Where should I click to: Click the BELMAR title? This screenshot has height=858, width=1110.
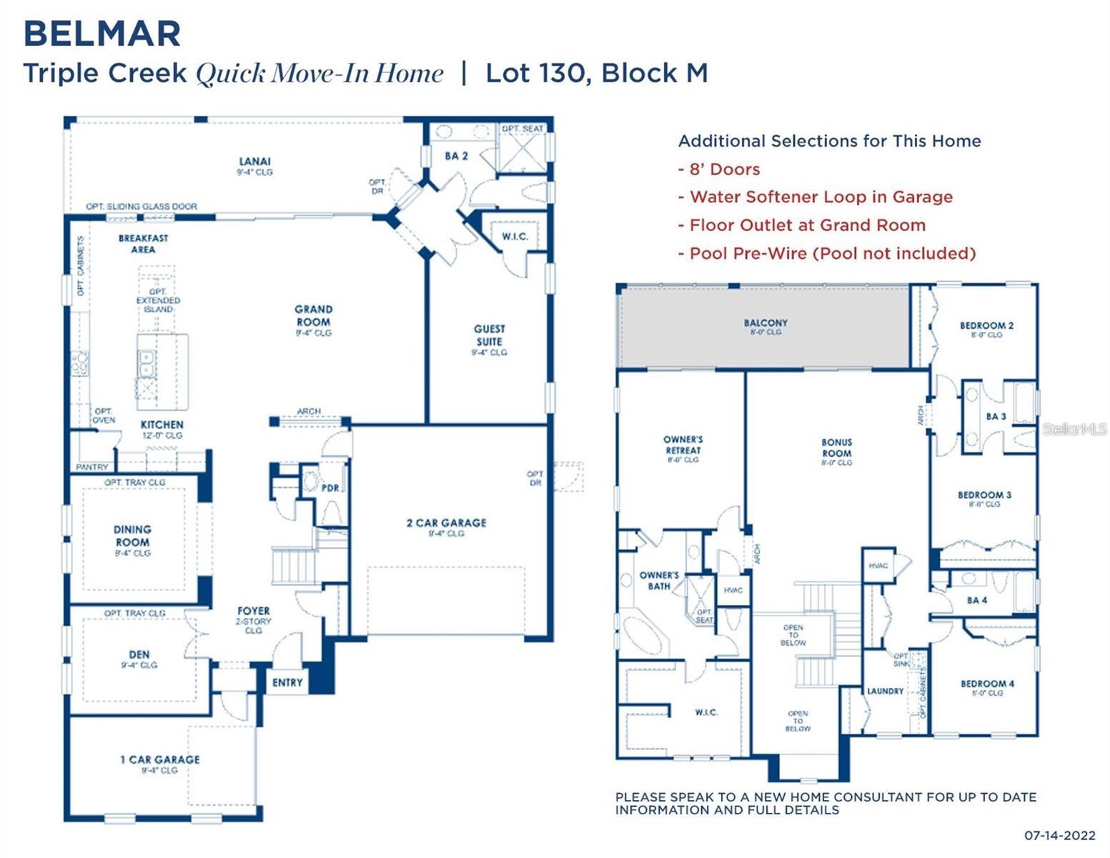point(102,34)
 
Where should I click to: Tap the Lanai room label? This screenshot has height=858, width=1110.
point(255,162)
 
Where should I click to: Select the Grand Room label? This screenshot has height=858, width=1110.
point(313,315)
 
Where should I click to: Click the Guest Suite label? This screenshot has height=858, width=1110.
point(489,335)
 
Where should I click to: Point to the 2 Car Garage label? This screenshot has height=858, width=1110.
point(446,523)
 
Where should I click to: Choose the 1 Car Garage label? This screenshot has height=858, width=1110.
point(159,759)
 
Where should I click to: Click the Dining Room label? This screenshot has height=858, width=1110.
point(132,536)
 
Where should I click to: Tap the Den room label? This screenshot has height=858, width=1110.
point(139,654)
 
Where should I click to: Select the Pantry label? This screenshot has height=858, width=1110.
point(92,466)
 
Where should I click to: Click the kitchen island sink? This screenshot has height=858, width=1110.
point(147,363)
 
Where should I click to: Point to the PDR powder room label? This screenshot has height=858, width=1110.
point(329,488)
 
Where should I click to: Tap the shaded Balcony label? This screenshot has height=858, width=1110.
point(765,323)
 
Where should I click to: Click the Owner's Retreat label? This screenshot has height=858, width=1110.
point(683,445)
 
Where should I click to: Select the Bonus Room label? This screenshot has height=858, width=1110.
point(836,448)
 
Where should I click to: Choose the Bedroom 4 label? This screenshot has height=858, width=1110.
point(986,684)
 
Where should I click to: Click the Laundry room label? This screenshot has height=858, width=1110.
point(885,691)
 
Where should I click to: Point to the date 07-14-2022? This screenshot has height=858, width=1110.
point(1059,834)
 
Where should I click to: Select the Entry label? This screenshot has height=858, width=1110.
point(287,682)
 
